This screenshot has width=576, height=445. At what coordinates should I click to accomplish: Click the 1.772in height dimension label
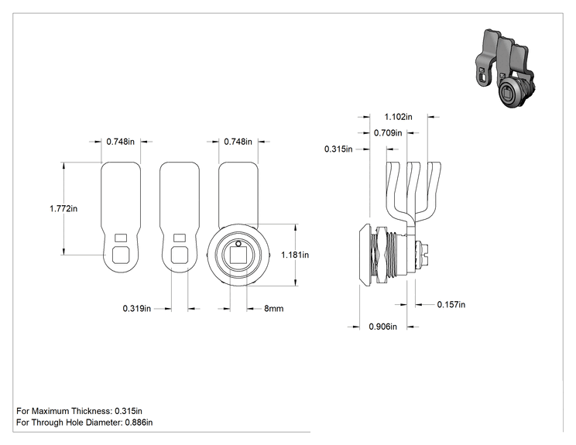click(x=63, y=208)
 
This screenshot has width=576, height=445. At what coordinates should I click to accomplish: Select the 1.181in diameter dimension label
click(x=295, y=255)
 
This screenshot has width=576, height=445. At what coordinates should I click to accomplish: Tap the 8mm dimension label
click(x=273, y=309)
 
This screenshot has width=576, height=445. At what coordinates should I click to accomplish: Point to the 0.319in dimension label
click(x=137, y=309)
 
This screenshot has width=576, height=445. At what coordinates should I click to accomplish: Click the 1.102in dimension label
click(x=398, y=117)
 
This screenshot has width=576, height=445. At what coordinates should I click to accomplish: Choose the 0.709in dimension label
click(x=388, y=133)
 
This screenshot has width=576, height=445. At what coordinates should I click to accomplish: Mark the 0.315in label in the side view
click(x=338, y=149)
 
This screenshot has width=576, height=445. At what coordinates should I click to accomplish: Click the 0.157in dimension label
click(x=451, y=304)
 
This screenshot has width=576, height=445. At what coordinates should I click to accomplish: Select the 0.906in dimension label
click(x=382, y=327)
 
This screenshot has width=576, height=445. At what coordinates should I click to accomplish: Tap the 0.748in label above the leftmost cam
click(x=121, y=142)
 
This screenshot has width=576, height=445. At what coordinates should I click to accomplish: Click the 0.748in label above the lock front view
click(x=238, y=142)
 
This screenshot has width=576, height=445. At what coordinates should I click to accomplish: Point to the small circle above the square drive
click(x=238, y=244)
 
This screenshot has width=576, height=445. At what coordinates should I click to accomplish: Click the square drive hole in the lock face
click(x=238, y=255)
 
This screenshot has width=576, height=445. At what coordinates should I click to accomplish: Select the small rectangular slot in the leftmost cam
click(x=121, y=238)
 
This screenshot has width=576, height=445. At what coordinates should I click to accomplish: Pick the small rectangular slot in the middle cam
click(x=180, y=238)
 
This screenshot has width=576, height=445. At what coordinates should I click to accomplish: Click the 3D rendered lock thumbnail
click(x=505, y=69)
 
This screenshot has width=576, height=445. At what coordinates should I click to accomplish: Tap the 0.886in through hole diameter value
click(x=139, y=423)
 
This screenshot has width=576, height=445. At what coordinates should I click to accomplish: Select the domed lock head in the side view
click(x=365, y=255)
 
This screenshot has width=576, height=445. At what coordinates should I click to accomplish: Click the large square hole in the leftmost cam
click(x=121, y=255)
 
